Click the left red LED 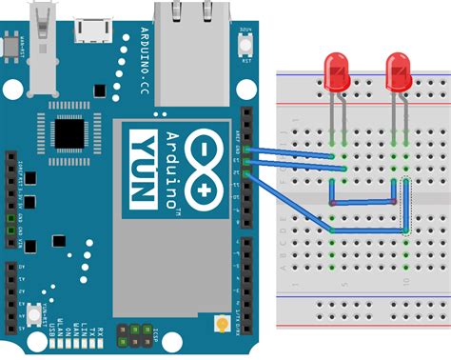click(x=337, y=72)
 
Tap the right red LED click(x=399, y=72)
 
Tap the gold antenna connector click(x=222, y=325)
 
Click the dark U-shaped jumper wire click(x=363, y=203)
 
